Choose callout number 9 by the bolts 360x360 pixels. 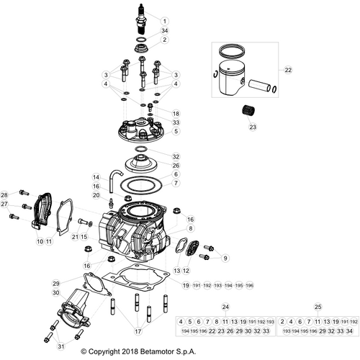(x=225, y=257)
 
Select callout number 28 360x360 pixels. (x=4, y=195)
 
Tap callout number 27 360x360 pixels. (x=4, y=204)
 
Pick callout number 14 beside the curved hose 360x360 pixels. (x=96, y=177)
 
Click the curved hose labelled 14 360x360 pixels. (x=115, y=175)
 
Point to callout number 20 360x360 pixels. (x=96, y=196)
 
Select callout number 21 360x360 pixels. (x=74, y=236)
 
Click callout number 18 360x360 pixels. (x=176, y=114)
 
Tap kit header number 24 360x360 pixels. (x=225, y=307)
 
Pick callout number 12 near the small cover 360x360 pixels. (x=186, y=271)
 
